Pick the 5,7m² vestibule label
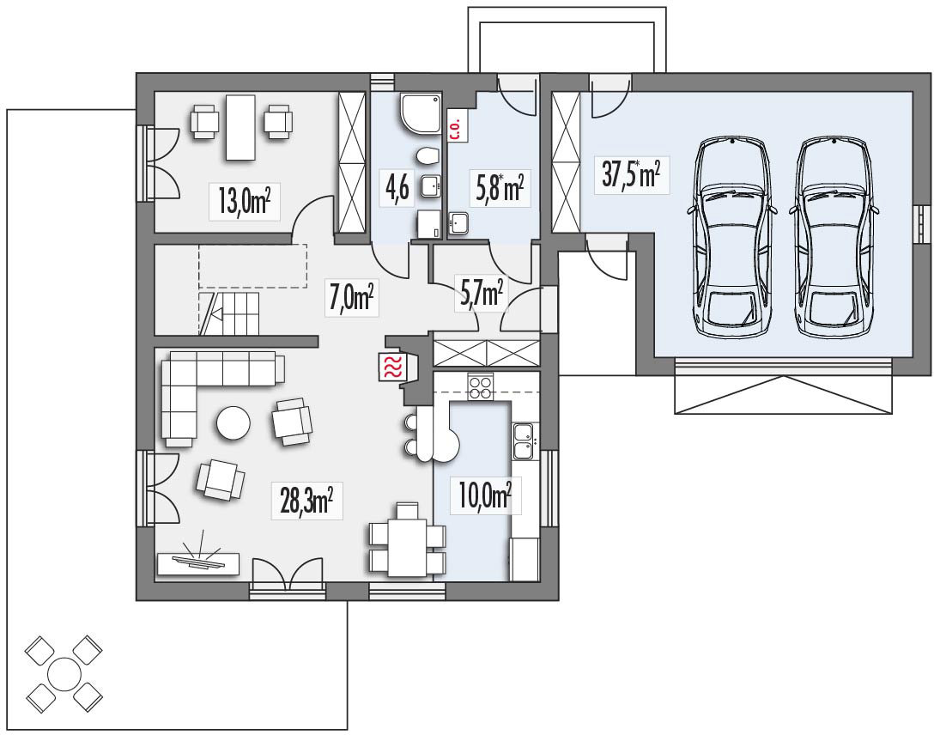(478, 295)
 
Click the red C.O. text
(455, 125)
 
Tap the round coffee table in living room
(233, 422)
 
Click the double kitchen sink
(523, 439)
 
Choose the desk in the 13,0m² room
(240, 127)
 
